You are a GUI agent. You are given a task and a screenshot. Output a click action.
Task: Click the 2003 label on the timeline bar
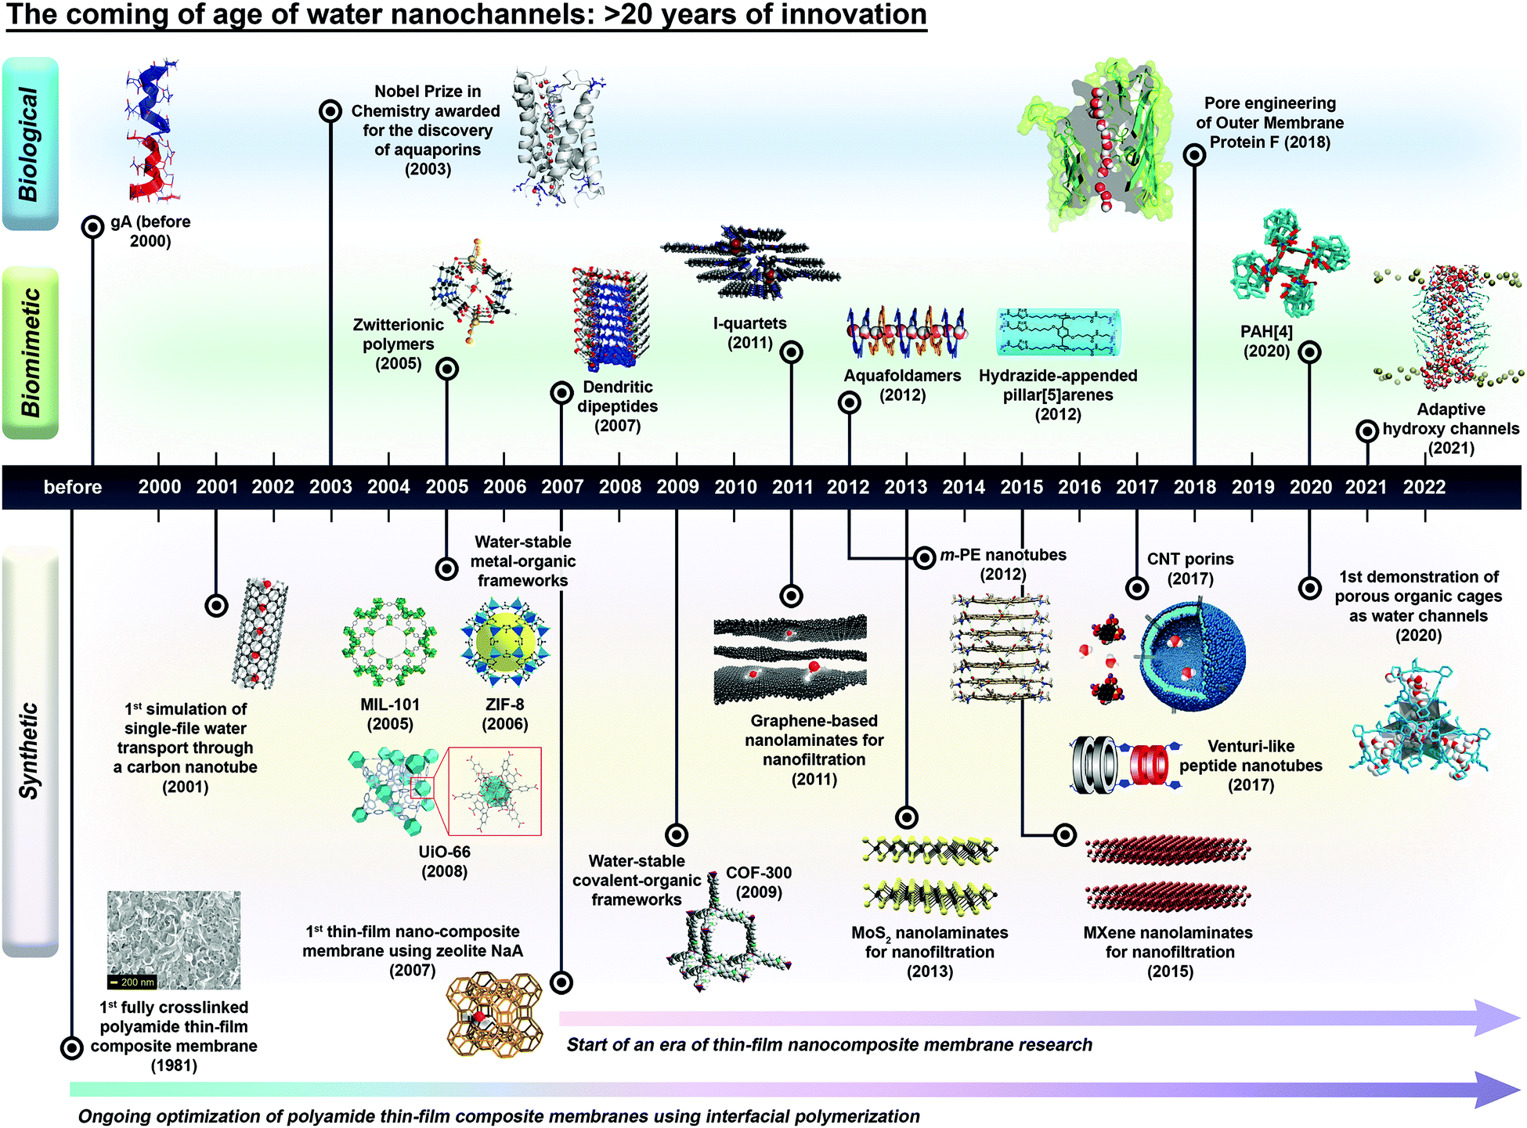[x=330, y=487]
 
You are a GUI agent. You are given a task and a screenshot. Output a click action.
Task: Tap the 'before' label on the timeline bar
[x=73, y=487]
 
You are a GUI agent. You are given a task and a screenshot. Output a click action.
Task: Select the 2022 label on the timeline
[x=1424, y=487]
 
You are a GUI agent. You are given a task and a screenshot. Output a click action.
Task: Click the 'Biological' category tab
[x=31, y=144]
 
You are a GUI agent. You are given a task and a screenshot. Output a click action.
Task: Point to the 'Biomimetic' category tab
[x=31, y=353]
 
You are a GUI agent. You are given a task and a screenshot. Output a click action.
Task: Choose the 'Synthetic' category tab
[x=31, y=751]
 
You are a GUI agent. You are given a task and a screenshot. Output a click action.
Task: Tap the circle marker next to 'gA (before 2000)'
[x=92, y=227]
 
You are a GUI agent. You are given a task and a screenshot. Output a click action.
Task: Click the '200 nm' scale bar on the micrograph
[x=132, y=982]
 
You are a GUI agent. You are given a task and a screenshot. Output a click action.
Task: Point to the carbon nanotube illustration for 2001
[x=260, y=633]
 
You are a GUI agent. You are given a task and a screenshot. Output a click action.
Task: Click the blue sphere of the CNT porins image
[x=1192, y=656]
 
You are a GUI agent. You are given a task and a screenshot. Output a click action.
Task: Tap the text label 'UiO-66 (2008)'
[x=444, y=861]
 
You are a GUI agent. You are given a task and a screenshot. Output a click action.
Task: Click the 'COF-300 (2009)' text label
[x=758, y=882]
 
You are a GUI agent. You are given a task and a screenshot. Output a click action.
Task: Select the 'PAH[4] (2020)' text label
[x=1266, y=341]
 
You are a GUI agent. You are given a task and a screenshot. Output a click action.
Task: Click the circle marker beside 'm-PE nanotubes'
[x=925, y=557]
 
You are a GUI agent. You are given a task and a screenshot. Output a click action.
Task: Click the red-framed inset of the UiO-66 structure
[x=494, y=791]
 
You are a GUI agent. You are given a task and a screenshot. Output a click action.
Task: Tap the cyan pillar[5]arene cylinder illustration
[x=1058, y=332]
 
